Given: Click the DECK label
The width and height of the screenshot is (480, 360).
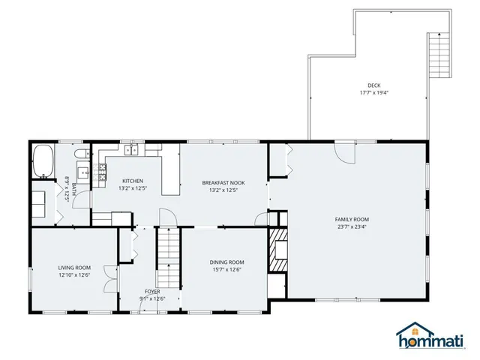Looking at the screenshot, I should click(x=373, y=85).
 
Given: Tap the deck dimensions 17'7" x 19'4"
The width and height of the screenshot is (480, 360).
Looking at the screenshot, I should click(x=373, y=93).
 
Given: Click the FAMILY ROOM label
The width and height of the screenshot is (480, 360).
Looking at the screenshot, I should click(x=352, y=219).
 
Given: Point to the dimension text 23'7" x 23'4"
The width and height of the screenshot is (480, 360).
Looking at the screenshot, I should click(x=352, y=227).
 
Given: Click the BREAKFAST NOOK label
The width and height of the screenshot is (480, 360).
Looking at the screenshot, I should click(x=223, y=182).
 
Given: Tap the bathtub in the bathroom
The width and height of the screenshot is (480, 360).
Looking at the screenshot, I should click(x=43, y=160).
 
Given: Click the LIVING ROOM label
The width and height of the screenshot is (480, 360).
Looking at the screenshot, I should click(x=74, y=267).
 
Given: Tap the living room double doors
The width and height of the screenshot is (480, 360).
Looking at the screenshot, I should click(x=111, y=278).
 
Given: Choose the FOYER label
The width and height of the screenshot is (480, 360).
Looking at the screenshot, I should click(x=152, y=291).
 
